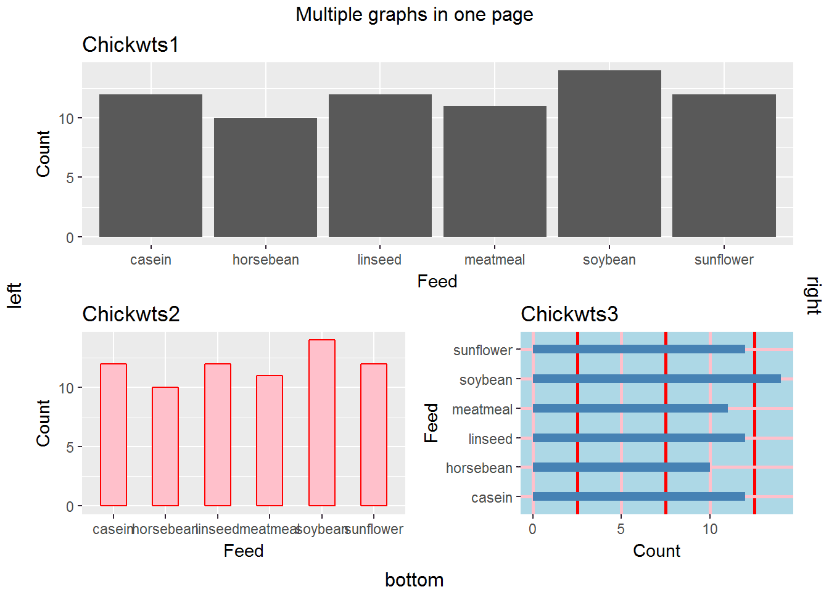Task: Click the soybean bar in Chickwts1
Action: coord(609,154)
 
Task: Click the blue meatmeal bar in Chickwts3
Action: coord(630,408)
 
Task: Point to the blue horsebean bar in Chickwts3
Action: coord(621,467)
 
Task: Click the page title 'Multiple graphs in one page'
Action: coord(414,14)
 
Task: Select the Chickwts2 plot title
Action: coord(131,314)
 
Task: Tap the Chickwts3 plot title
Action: coord(569,314)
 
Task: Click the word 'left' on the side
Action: coord(14,295)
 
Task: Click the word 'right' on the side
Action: coord(814,295)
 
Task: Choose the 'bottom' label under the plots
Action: coord(414,580)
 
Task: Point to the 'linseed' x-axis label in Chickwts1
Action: coord(379,260)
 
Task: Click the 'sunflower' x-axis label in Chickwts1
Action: coord(724,260)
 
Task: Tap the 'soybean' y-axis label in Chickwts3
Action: coord(485,380)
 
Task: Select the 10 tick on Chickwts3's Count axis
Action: coord(710,529)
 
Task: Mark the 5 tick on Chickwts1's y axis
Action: coord(70,178)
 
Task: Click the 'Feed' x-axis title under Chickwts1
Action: coord(437,281)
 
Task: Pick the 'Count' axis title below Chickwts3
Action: coord(656,551)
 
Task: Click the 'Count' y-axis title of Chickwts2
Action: coord(43,423)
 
